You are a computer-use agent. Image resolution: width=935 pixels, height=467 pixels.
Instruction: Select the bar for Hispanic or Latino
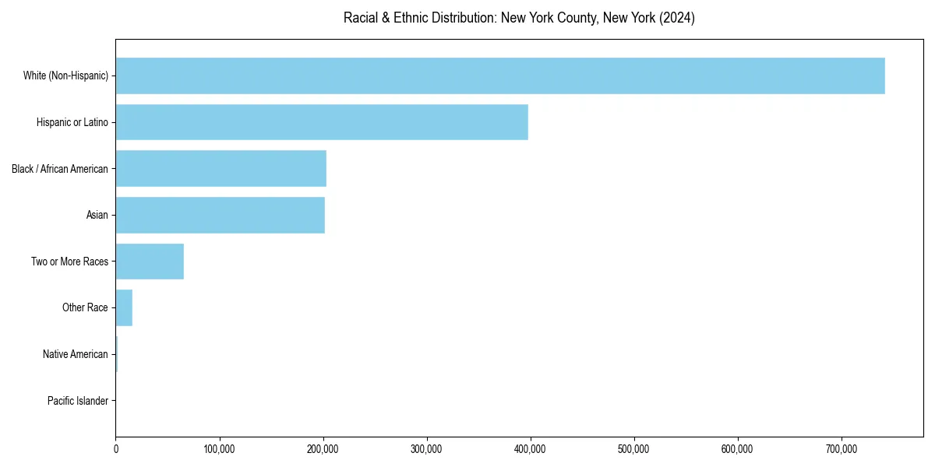pyautogui.click(x=322, y=122)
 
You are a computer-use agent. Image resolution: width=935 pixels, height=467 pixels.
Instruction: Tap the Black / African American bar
pyautogui.click(x=221, y=169)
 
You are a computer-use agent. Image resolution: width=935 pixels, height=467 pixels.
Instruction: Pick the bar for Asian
pyautogui.click(x=221, y=215)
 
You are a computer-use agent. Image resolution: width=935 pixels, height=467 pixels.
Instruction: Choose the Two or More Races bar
pyautogui.click(x=150, y=262)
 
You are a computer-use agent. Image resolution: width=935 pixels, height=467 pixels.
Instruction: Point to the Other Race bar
pyautogui.click(x=124, y=307)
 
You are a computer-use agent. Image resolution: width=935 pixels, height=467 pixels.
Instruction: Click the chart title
pyautogui.click(x=519, y=18)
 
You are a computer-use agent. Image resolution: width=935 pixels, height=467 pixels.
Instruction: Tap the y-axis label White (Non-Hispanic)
pyautogui.click(x=65, y=75)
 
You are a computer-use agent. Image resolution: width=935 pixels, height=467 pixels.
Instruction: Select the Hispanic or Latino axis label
pyautogui.click(x=72, y=122)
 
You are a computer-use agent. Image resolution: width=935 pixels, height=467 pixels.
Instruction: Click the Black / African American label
pyautogui.click(x=60, y=169)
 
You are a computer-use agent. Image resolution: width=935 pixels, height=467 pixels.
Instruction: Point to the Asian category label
pyautogui.click(x=97, y=215)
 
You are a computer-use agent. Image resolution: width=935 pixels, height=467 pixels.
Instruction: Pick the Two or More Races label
pyautogui.click(x=70, y=262)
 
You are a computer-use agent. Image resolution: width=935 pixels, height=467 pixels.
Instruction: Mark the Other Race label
pyautogui.click(x=85, y=307)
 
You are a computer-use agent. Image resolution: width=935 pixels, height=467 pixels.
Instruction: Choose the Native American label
pyautogui.click(x=76, y=354)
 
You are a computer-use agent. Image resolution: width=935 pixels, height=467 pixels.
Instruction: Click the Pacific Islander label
pyautogui.click(x=78, y=401)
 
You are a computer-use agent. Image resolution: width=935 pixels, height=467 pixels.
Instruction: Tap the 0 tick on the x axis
pyautogui.click(x=116, y=449)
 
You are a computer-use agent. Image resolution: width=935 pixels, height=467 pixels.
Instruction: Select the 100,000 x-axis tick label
pyautogui.click(x=220, y=449)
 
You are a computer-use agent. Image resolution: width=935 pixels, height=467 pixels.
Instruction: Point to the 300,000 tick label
pyautogui.click(x=427, y=449)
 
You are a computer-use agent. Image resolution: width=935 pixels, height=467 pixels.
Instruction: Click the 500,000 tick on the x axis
pyautogui.click(x=634, y=449)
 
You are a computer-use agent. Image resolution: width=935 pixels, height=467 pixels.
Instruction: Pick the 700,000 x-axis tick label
pyautogui.click(x=841, y=449)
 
